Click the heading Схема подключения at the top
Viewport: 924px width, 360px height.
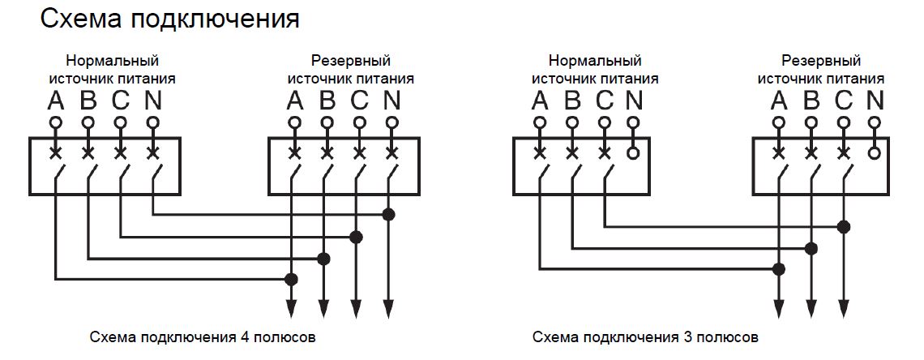(x=169, y=19)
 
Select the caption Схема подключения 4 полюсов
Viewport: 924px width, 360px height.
(x=202, y=336)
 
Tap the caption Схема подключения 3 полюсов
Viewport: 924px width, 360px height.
(x=646, y=336)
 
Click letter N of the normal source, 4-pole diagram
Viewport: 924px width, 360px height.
(x=152, y=101)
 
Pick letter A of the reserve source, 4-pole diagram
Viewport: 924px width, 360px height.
(x=294, y=101)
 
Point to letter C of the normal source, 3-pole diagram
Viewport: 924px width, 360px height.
(x=604, y=101)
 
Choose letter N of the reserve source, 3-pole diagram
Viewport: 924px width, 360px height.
(x=875, y=101)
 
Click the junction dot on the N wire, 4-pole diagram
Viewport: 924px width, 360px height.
(x=389, y=215)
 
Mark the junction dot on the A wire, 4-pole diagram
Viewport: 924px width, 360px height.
(x=292, y=280)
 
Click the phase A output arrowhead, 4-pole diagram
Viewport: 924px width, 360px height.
(x=292, y=310)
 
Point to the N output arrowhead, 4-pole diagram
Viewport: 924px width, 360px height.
(x=389, y=310)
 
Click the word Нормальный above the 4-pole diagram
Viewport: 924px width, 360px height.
(x=112, y=62)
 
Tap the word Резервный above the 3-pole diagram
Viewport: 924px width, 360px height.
(x=820, y=62)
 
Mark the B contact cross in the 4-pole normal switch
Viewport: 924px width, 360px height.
(x=88, y=152)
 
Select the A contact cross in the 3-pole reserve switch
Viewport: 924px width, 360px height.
(x=779, y=152)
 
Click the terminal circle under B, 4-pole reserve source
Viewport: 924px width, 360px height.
(x=327, y=123)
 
